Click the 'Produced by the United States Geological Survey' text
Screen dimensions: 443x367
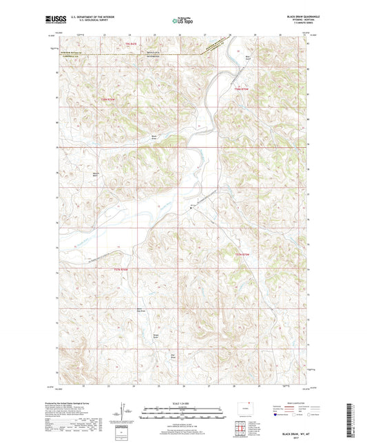coord(82,401)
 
